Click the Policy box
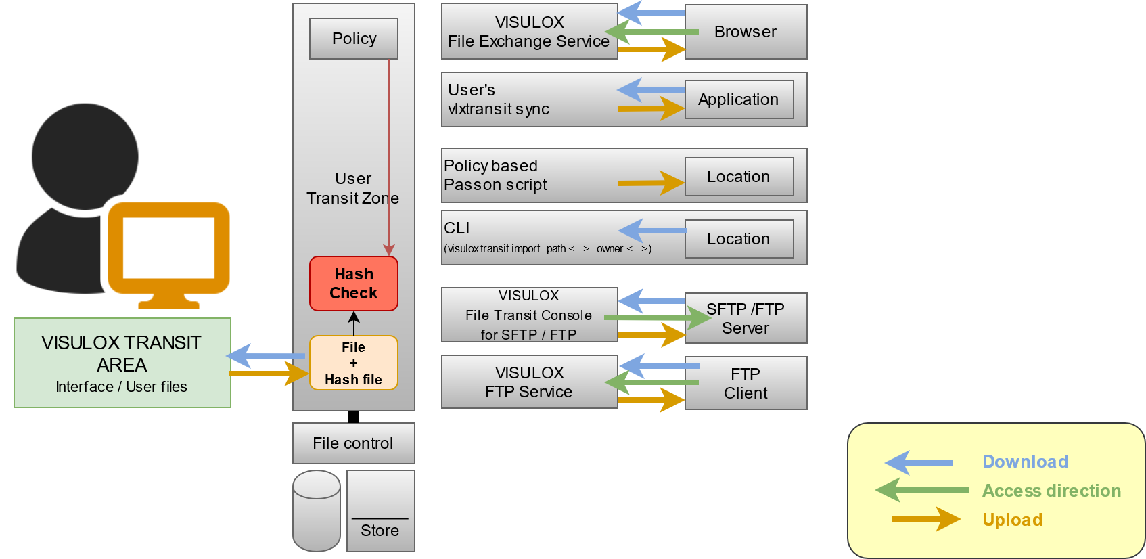(x=353, y=39)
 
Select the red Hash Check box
(x=353, y=284)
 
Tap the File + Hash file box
(x=353, y=363)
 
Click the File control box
(x=353, y=443)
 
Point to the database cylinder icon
(x=317, y=511)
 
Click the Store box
(x=380, y=511)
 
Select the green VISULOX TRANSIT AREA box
(x=122, y=363)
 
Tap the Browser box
(x=746, y=32)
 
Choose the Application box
(x=739, y=99)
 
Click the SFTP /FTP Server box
(x=746, y=319)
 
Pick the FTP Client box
(x=746, y=384)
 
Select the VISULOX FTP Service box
(x=529, y=382)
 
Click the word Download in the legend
(x=1025, y=462)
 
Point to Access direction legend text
(x=1051, y=491)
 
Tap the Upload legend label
(x=1012, y=520)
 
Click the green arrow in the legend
(x=921, y=490)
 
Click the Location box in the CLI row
(x=739, y=239)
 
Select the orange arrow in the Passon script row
(x=650, y=183)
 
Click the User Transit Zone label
(x=352, y=188)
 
